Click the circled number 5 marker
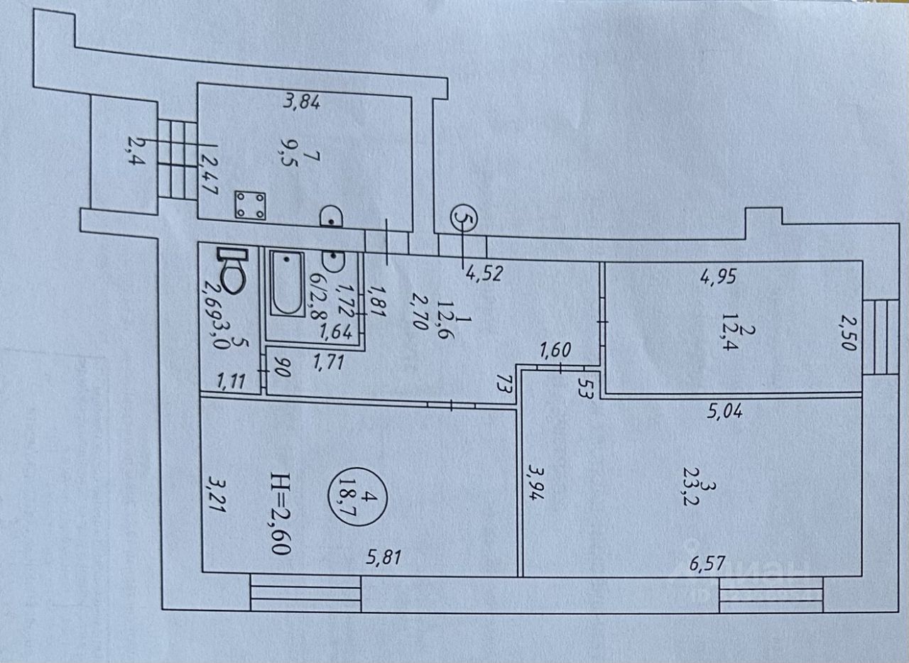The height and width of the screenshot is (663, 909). pyautogui.click(x=463, y=218)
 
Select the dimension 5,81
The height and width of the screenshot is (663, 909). pyautogui.click(x=383, y=558)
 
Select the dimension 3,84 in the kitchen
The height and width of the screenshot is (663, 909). pyautogui.click(x=302, y=102)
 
